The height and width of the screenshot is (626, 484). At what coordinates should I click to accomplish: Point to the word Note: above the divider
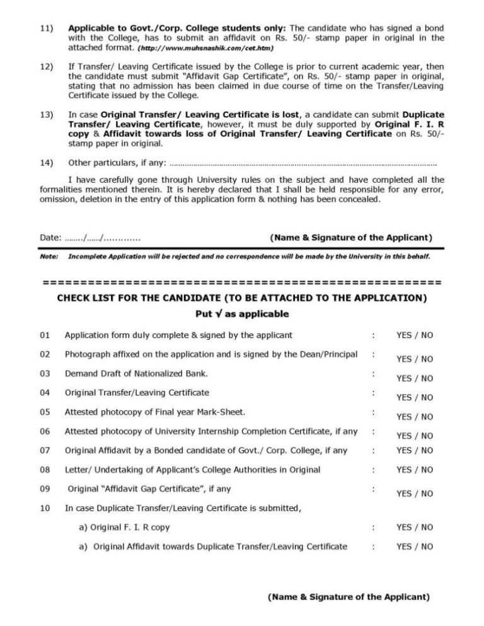point(49,257)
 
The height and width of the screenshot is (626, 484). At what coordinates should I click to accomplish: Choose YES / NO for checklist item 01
point(414,335)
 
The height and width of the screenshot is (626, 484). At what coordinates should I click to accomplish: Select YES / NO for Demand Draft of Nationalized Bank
point(414,378)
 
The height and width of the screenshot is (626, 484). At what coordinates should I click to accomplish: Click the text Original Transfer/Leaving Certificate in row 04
point(137,392)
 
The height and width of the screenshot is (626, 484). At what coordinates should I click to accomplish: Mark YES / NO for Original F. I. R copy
point(414,527)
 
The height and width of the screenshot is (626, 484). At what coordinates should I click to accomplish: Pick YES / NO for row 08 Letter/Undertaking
point(414,470)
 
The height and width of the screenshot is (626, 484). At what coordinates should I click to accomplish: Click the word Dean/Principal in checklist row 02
point(328,354)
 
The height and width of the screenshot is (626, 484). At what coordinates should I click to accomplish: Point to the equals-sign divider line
point(241,281)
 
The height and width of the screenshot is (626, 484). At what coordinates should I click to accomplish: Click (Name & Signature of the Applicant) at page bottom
point(349,596)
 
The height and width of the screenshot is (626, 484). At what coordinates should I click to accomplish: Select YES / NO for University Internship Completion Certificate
point(414,436)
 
